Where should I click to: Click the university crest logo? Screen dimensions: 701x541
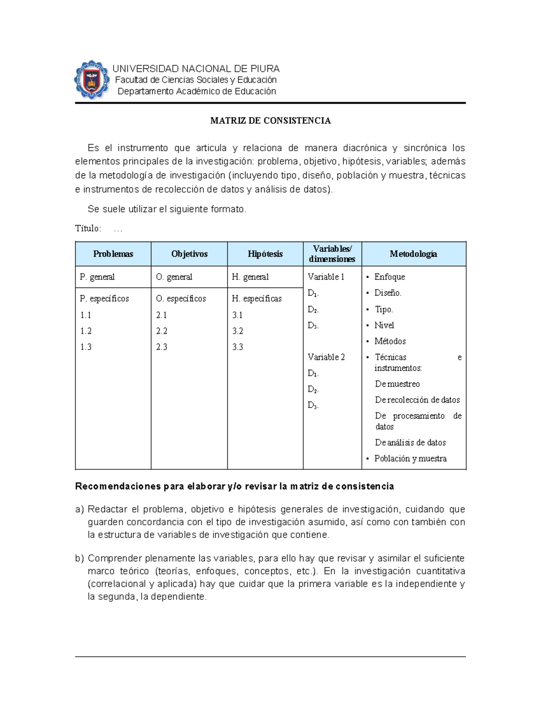tap(92, 80)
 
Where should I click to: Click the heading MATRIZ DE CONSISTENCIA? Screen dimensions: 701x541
tap(270, 121)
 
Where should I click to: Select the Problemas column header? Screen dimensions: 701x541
tap(113, 254)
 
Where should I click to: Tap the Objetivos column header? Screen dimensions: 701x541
tap(189, 254)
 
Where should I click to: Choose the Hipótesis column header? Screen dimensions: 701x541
tap(265, 254)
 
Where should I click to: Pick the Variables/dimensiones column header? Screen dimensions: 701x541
tap(332, 254)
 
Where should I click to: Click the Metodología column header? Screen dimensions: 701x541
tap(413, 254)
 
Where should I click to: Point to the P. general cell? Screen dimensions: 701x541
tap(97, 277)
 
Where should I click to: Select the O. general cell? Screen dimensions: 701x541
tap(174, 277)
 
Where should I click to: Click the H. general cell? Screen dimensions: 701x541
tap(250, 277)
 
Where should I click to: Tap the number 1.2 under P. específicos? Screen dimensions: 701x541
tap(86, 331)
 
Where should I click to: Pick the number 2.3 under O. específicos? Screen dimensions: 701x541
tap(161, 347)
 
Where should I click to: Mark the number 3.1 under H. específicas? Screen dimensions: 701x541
tap(238, 315)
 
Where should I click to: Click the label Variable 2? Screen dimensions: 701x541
tap(326, 357)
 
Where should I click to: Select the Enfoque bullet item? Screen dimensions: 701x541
tap(390, 277)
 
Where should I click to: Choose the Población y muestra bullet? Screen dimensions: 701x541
tap(410, 458)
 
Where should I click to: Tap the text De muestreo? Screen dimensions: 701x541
tap(397, 384)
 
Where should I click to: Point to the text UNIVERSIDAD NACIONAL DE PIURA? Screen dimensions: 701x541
tap(196, 69)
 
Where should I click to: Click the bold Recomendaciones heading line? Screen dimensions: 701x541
tap(234, 486)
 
